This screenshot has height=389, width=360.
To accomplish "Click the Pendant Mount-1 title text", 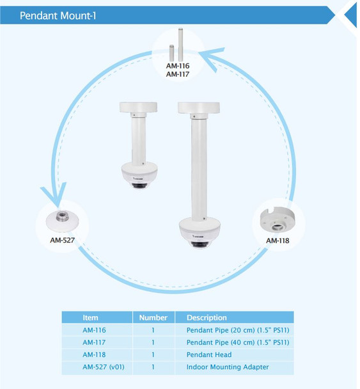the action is click(58, 15).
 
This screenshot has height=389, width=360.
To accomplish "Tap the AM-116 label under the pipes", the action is click(178, 66).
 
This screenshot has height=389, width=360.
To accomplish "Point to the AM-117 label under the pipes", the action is click(178, 74).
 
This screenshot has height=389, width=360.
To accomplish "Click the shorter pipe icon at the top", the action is click(171, 53).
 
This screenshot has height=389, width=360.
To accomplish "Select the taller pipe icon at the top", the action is click(180, 45).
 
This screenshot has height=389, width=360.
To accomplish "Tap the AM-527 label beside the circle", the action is click(63, 240).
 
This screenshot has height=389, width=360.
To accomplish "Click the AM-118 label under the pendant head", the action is click(278, 241).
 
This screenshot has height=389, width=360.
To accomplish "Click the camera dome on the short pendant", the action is click(139, 175).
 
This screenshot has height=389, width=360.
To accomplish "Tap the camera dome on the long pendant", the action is click(200, 233).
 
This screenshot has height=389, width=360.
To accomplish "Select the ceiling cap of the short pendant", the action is click(138, 107).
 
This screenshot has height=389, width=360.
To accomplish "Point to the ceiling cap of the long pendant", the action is click(199, 107).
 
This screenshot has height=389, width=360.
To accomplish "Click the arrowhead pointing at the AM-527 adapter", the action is click(55, 194).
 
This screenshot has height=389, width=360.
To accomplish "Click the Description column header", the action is click(207, 317).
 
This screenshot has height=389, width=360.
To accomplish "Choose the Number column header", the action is click(153, 317).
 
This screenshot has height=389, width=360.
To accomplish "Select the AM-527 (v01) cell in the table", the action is click(104, 367).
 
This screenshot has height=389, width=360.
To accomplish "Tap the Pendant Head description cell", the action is click(209, 354).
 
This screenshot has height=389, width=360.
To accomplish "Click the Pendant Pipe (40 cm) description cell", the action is click(238, 342).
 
